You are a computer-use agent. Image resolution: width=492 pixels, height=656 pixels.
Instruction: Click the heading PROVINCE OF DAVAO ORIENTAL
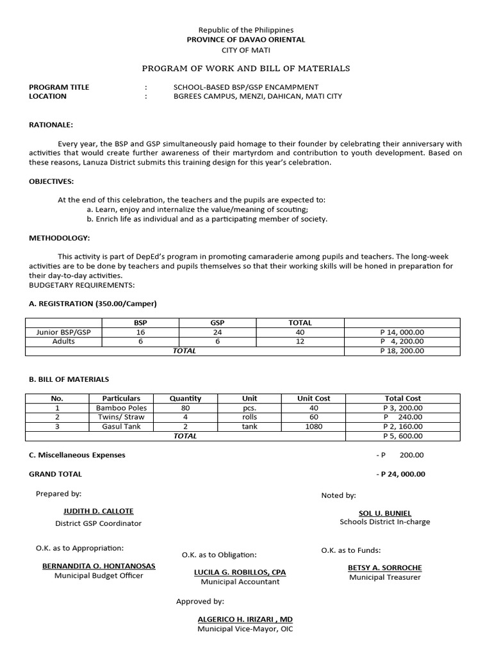(x=245, y=40)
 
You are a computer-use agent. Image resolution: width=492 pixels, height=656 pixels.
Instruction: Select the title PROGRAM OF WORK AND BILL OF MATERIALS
(x=245, y=69)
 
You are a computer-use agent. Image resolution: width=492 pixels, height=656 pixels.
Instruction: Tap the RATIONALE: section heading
(x=51, y=125)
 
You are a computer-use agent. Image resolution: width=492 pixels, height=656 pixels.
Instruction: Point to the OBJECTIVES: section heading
(x=51, y=181)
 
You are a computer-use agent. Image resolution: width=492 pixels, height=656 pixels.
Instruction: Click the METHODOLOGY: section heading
(x=59, y=238)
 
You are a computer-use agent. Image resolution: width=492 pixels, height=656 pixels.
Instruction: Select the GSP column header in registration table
(x=217, y=323)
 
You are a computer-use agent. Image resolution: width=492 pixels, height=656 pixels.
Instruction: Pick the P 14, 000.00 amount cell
(x=402, y=332)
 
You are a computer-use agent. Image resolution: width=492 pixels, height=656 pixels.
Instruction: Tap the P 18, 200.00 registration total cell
(x=402, y=351)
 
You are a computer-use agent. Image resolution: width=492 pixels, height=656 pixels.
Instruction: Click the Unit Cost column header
(x=313, y=398)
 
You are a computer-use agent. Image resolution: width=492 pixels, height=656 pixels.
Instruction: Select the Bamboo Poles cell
(x=121, y=408)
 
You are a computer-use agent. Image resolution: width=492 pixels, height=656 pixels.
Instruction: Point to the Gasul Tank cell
(x=121, y=427)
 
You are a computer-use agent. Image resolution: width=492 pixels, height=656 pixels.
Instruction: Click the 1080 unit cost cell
(x=313, y=427)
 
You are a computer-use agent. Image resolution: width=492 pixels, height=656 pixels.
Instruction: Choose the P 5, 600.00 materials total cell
(x=402, y=436)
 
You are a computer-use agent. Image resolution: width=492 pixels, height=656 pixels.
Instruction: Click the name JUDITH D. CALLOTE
(x=99, y=511)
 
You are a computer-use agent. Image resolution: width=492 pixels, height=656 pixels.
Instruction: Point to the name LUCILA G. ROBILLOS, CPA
(x=240, y=572)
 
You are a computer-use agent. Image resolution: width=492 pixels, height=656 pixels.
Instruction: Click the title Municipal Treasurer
(x=385, y=577)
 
